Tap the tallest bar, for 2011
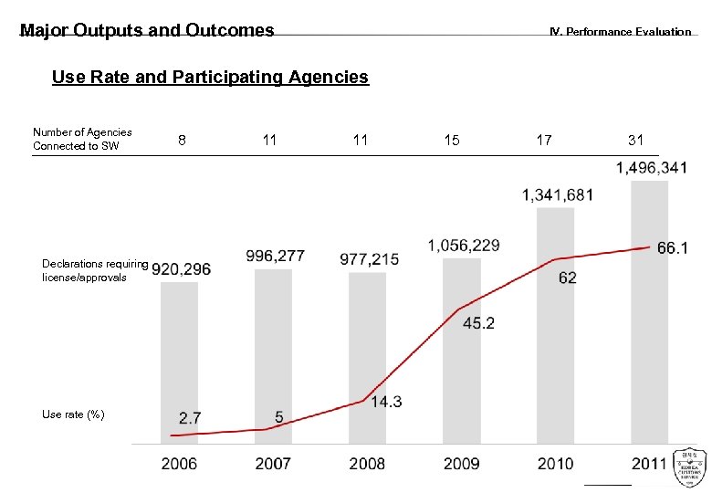point(648,310)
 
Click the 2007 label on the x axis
point(273,464)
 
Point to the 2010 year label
point(555,464)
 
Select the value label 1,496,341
point(652,168)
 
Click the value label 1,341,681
point(558,194)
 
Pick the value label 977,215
point(369,259)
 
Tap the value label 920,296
point(181,269)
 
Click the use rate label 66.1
point(672,248)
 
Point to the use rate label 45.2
point(478,323)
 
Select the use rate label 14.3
point(386,402)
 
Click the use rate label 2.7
point(190,418)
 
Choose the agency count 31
point(635,140)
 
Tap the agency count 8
point(183,140)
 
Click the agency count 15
point(452,140)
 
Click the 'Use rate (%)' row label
point(73,414)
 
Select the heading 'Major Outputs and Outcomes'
point(147,30)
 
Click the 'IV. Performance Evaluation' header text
point(620,32)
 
